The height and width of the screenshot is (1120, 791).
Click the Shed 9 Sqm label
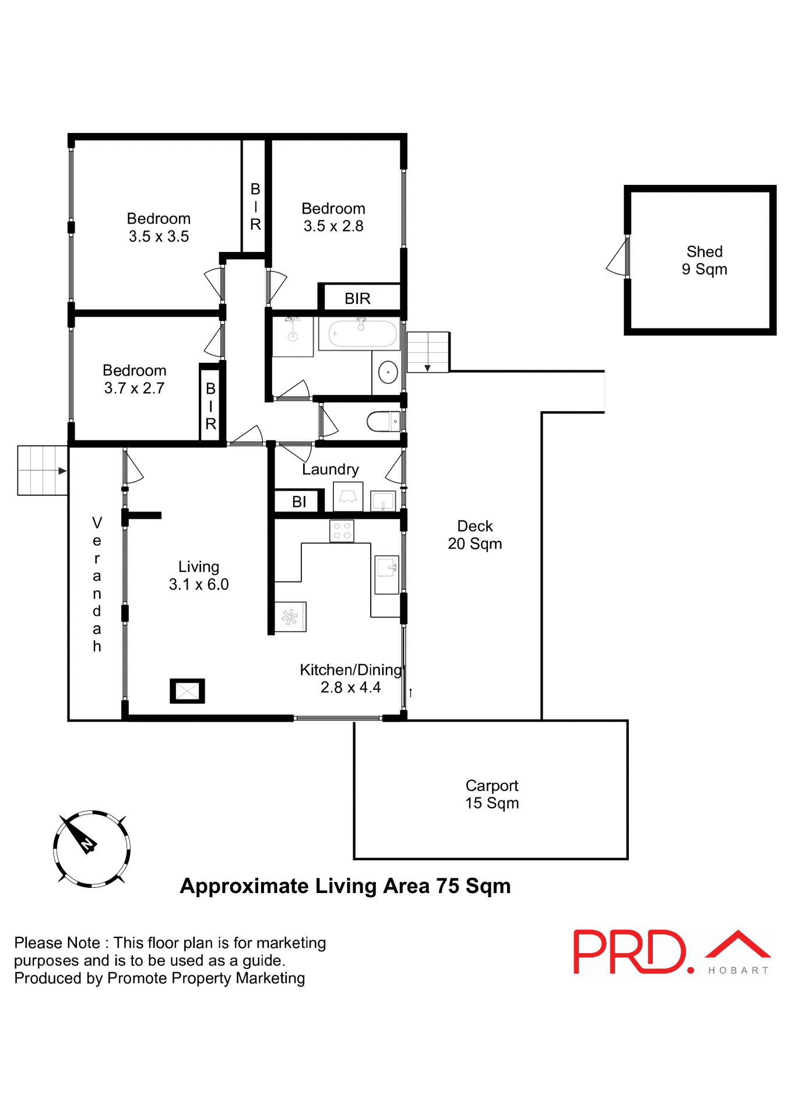[704, 260]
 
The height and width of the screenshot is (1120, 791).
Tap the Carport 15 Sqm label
[491, 794]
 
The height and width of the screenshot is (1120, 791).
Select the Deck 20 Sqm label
[474, 534]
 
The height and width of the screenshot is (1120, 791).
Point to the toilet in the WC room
[383, 421]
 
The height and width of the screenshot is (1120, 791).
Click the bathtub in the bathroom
[362, 334]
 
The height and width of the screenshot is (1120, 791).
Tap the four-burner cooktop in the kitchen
[342, 531]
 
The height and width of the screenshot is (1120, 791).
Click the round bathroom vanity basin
[388, 372]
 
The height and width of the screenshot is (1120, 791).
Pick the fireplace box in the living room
[187, 691]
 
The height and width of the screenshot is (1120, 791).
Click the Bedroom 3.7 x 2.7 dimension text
[134, 388]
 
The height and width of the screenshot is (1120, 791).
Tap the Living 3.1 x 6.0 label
[199, 575]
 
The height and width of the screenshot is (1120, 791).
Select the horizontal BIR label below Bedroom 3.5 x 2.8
[357, 299]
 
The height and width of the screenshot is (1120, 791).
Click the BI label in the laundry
[299, 502]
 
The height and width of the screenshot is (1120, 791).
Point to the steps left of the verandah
[42, 470]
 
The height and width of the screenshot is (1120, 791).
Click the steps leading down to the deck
[427, 352]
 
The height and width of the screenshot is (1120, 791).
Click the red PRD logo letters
[630, 952]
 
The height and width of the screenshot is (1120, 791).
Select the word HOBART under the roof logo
[738, 970]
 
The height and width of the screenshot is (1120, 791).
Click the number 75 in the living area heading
[447, 886]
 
